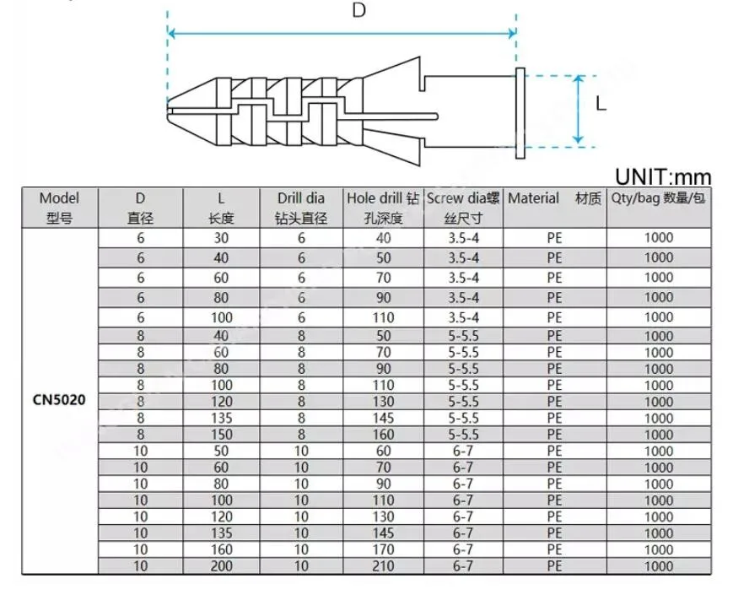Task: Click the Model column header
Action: point(59,208)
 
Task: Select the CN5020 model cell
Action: point(59,400)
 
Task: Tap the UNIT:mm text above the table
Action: point(663,177)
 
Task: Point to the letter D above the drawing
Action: point(358,10)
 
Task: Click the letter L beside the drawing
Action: point(601,103)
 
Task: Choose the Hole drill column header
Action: point(383,208)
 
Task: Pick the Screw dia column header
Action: point(463,208)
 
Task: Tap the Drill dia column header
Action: point(301,208)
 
